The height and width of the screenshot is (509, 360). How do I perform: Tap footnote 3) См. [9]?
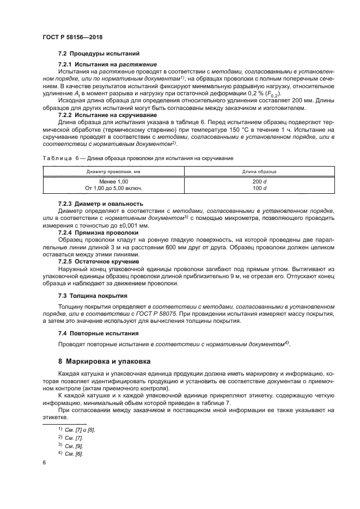pyautogui.click(x=71, y=445)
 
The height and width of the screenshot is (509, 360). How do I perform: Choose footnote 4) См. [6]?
pyautogui.click(x=71, y=453)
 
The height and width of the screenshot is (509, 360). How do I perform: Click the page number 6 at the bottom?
pyautogui.click(x=44, y=462)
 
